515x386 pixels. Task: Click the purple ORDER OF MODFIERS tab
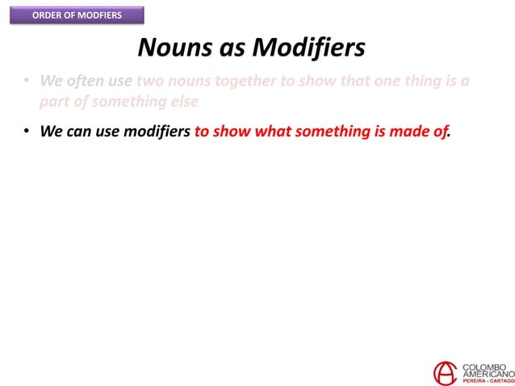click(77, 15)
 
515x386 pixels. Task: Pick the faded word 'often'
click(88, 83)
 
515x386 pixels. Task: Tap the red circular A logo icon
click(445, 372)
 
